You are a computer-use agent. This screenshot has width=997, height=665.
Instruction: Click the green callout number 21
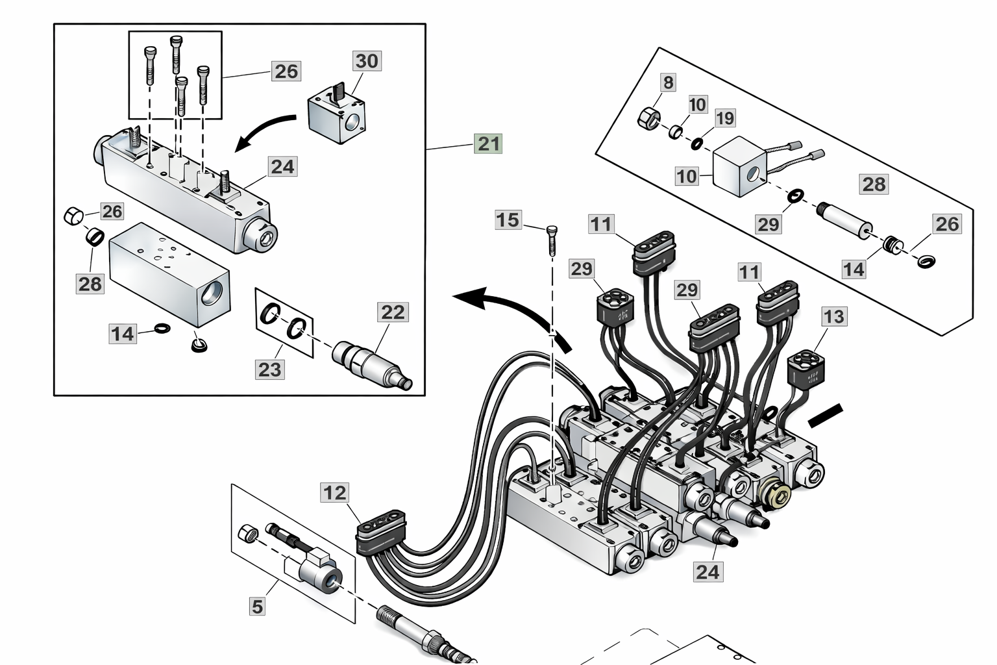(489, 144)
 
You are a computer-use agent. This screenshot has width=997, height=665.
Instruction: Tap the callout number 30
(367, 60)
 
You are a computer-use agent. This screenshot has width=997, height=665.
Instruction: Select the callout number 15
(508, 220)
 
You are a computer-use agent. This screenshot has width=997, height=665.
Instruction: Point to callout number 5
(257, 606)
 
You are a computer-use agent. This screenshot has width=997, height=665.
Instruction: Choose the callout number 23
(270, 370)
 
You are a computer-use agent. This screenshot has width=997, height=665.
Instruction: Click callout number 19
(725, 118)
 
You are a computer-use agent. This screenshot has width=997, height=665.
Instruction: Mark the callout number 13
(833, 317)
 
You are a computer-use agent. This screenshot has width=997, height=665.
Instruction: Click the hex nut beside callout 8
(649, 118)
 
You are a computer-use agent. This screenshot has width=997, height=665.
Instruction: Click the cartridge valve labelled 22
(372, 366)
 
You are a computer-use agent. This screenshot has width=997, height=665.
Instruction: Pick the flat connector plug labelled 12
(382, 532)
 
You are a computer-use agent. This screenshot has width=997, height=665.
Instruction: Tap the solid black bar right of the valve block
(825, 415)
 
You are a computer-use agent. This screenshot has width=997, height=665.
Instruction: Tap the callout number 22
(393, 312)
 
